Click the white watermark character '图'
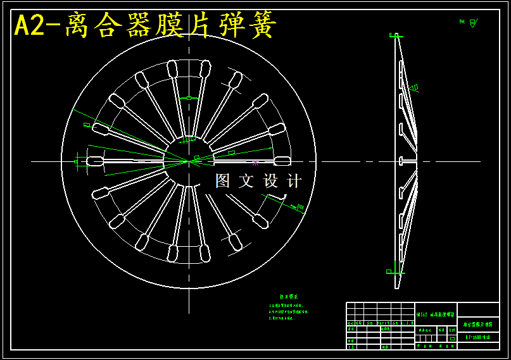pos(223,181)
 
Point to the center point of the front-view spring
pos(189,161)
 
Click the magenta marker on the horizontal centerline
pos(255,163)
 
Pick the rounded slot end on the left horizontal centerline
pos(95,161)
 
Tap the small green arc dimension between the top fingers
pos(189,97)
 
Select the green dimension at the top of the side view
pos(396,35)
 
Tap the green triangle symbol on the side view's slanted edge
pos(413,88)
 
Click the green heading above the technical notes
pos(289,297)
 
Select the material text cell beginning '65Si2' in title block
pos(436,314)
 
